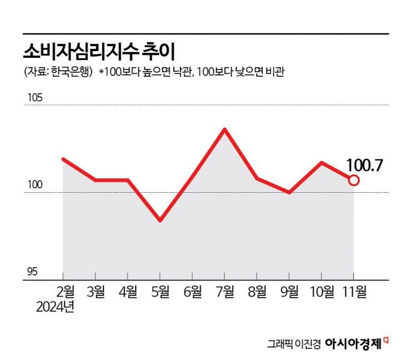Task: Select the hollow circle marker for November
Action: (354, 180)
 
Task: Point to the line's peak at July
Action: (225, 129)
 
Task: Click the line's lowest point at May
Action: (160, 221)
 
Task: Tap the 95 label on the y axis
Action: (33, 272)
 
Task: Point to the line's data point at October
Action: (322, 163)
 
